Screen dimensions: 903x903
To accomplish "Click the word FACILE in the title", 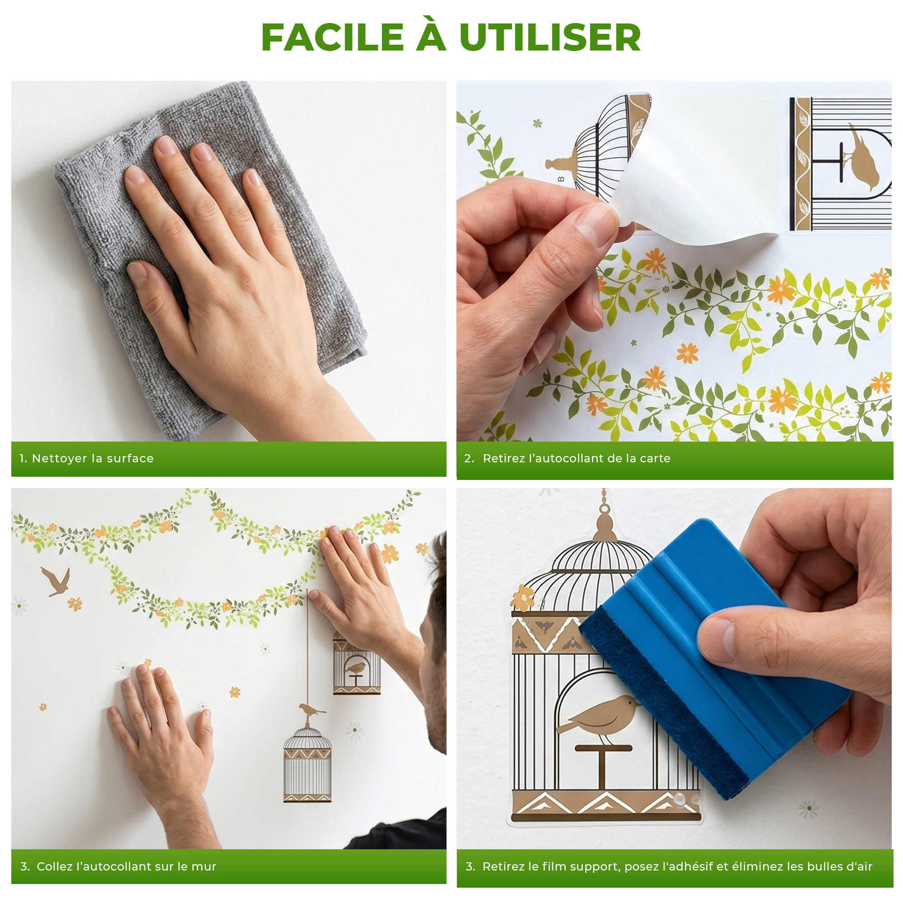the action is pyautogui.click(x=332, y=37).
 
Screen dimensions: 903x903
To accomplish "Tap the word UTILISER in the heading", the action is pyautogui.click(x=549, y=37).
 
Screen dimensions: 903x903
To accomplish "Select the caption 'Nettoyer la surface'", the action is pyautogui.click(x=93, y=459).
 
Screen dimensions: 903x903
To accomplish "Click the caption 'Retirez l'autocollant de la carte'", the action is pyautogui.click(x=576, y=459).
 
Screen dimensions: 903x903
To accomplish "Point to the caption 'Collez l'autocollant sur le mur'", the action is pyautogui.click(x=126, y=866).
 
